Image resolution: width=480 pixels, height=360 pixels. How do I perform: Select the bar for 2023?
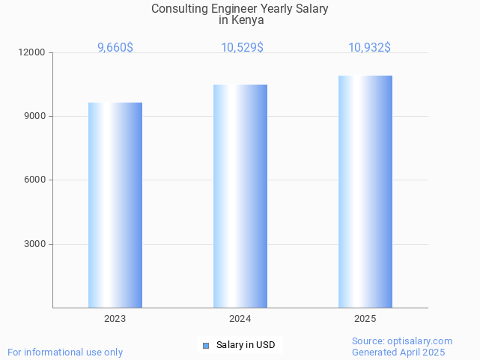click(x=115, y=205)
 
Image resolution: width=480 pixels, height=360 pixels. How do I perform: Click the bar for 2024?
click(x=240, y=196)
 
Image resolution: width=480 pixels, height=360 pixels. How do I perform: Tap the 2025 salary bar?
click(x=365, y=192)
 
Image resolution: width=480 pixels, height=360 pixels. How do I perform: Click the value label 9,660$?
click(x=115, y=47)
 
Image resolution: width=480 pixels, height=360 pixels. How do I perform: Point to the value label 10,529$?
click(x=242, y=47)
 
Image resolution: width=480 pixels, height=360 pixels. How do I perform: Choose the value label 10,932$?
click(x=369, y=47)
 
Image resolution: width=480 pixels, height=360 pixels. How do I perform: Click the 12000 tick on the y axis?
click(x=33, y=52)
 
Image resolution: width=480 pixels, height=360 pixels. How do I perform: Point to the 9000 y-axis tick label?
click(x=35, y=116)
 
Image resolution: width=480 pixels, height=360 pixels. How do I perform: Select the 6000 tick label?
click(x=35, y=180)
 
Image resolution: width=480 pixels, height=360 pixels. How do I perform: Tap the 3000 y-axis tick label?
click(x=35, y=244)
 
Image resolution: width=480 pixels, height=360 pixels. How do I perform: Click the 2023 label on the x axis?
click(x=115, y=319)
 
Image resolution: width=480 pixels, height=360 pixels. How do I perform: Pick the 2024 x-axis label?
click(x=240, y=319)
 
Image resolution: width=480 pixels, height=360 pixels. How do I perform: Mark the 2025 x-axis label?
click(x=365, y=319)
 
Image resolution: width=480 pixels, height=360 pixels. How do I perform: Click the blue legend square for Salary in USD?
click(x=206, y=345)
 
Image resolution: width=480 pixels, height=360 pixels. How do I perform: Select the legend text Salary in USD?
click(x=246, y=345)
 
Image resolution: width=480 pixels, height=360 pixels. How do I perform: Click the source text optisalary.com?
click(x=423, y=341)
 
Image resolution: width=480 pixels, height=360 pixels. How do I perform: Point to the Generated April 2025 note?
click(x=398, y=353)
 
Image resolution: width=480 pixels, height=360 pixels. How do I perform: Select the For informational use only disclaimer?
click(x=65, y=353)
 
